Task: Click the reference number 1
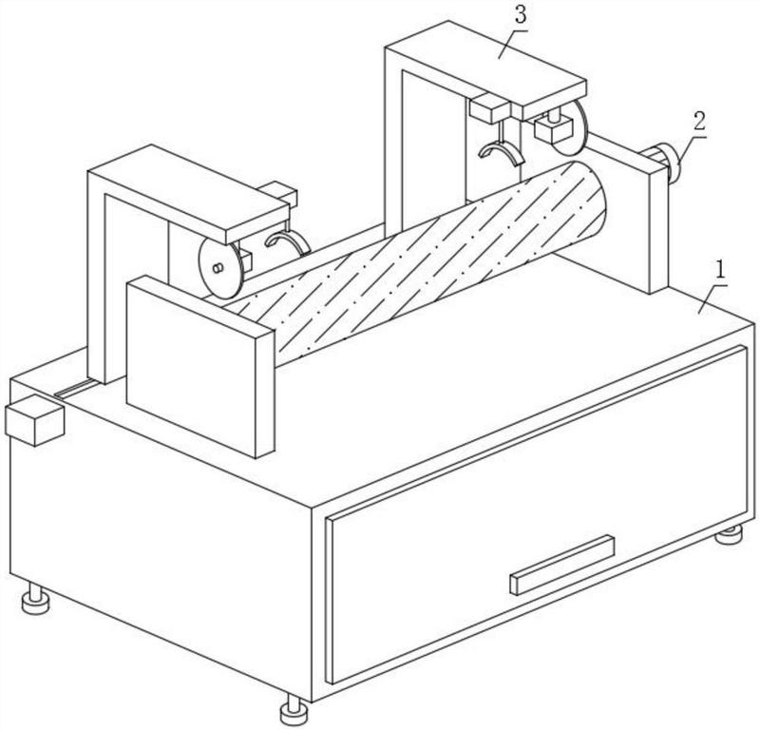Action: pos(721,268)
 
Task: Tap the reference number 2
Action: pos(699,121)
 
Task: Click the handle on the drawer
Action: pos(561,564)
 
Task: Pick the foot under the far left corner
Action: pos(36,600)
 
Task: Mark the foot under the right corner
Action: pos(729,534)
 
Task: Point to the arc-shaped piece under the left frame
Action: pos(286,244)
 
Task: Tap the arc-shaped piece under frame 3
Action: pos(501,152)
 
